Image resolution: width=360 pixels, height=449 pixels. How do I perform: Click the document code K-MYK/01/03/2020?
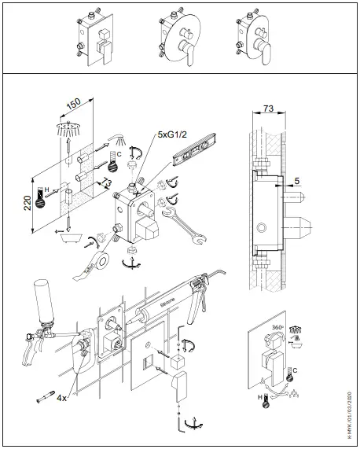(x=350, y=407)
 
